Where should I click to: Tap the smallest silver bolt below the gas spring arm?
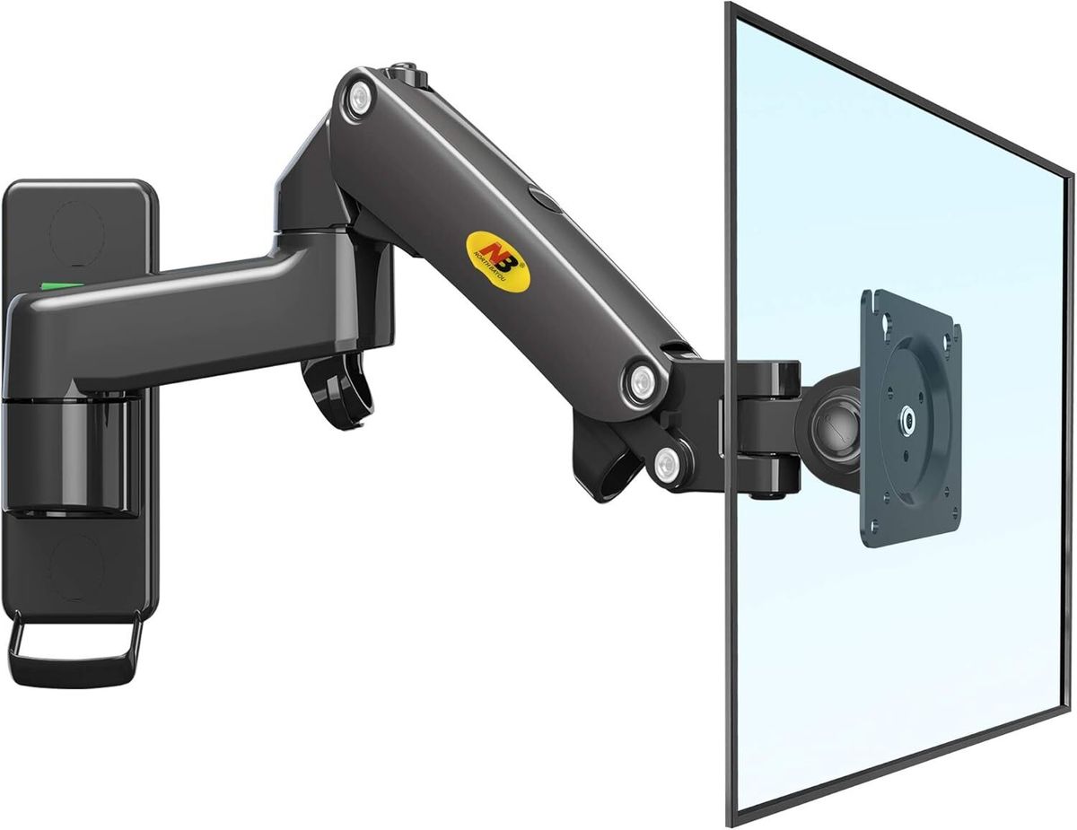(666, 464)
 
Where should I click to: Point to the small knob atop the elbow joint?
(406, 67)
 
